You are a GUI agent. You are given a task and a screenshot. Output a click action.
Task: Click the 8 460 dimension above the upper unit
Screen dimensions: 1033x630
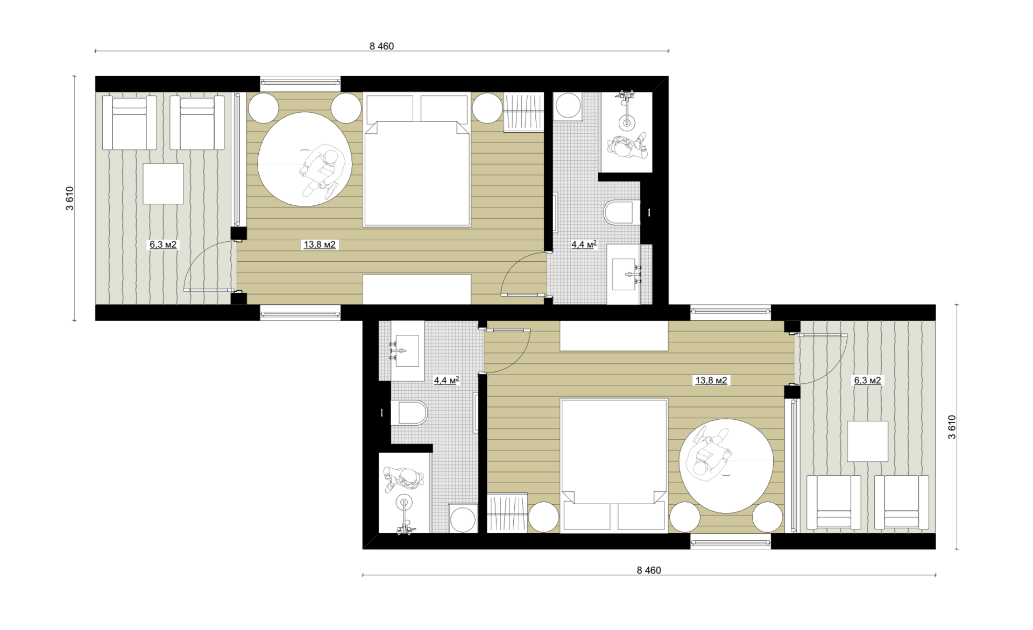[x=381, y=46]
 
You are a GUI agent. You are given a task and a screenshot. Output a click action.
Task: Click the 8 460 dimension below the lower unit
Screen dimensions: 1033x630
[x=649, y=570]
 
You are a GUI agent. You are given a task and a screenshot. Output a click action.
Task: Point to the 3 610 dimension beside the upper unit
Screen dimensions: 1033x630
[x=70, y=198]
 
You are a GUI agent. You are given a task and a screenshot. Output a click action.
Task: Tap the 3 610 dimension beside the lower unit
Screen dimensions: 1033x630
[x=952, y=427]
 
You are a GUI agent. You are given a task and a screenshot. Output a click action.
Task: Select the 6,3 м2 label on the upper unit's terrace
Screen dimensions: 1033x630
[x=163, y=245]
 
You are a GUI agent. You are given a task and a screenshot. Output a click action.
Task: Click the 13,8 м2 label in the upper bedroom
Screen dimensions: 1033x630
[x=320, y=245]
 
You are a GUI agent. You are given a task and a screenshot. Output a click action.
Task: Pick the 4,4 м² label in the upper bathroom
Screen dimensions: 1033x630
[x=584, y=245]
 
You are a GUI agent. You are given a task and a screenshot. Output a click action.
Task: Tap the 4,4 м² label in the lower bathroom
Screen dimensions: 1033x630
[x=447, y=381]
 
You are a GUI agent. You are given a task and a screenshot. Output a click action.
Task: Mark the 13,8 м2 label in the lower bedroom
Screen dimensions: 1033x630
[x=711, y=381]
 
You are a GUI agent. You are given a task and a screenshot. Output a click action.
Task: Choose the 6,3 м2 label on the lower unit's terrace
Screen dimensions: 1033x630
[x=867, y=381]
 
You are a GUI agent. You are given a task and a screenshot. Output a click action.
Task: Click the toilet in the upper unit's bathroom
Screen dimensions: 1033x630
[x=622, y=212]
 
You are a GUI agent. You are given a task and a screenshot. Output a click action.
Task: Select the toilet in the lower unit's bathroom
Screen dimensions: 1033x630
[x=409, y=413]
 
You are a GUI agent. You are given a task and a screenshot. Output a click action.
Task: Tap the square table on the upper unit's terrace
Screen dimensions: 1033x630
[x=163, y=184]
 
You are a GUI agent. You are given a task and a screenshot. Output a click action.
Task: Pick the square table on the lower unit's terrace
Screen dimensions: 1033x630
[x=867, y=441]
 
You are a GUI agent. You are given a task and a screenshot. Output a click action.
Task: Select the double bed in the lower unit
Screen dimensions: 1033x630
[x=614, y=466]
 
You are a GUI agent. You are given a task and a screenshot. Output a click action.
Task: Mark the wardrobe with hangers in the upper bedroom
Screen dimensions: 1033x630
[x=523, y=112]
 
